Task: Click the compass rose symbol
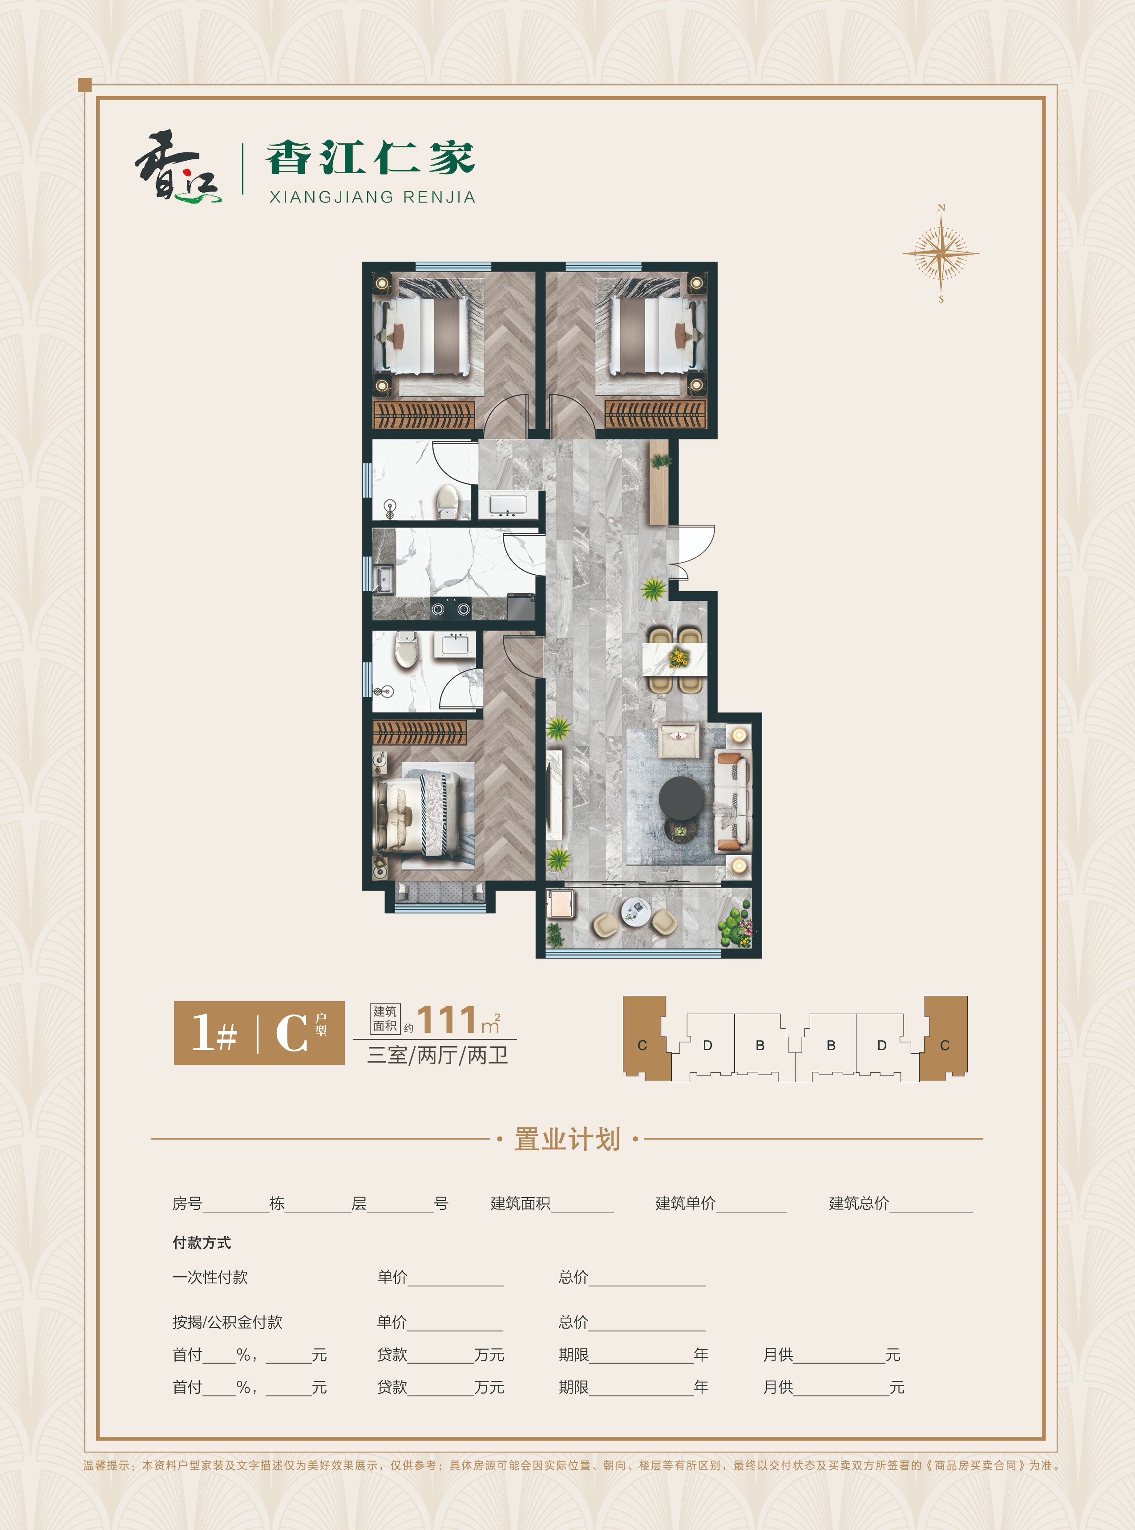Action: tap(941, 253)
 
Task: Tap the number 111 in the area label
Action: tap(447, 1019)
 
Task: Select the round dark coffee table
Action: tap(681, 798)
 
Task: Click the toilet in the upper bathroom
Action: tap(447, 501)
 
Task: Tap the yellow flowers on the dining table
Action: tap(678, 658)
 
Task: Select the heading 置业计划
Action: tap(567, 1139)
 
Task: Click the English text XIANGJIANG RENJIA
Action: tap(372, 197)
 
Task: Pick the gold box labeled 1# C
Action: tap(259, 1033)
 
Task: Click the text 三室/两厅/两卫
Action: tap(438, 1055)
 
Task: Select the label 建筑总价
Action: tap(859, 1203)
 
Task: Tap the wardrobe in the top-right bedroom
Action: tap(655, 414)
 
